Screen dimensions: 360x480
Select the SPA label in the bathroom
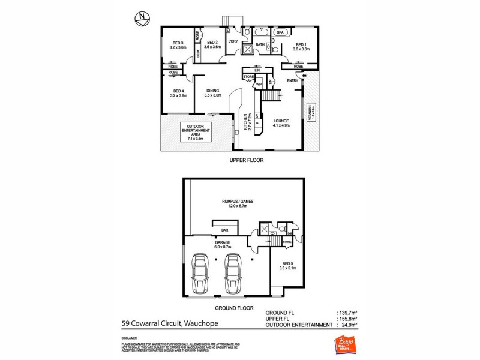pyautogui.click(x=280, y=32)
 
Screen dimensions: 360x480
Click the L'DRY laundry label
pyautogui.click(x=233, y=41)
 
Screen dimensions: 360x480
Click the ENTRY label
pyautogui.click(x=293, y=81)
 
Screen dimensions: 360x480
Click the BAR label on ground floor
pyautogui.click(x=226, y=230)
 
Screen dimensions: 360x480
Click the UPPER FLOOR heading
pyautogui.click(x=247, y=161)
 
